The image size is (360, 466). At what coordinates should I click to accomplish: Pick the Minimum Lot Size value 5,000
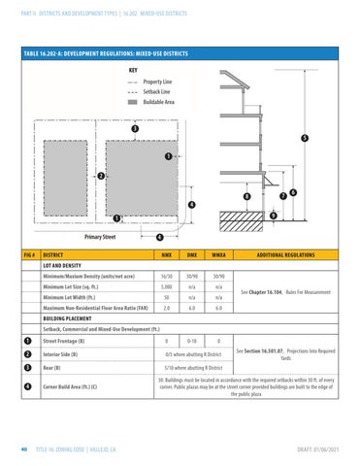[x=167, y=287]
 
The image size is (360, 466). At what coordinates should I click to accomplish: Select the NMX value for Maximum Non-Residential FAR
[x=167, y=309]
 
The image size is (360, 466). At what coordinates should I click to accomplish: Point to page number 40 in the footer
[x=21, y=449]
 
